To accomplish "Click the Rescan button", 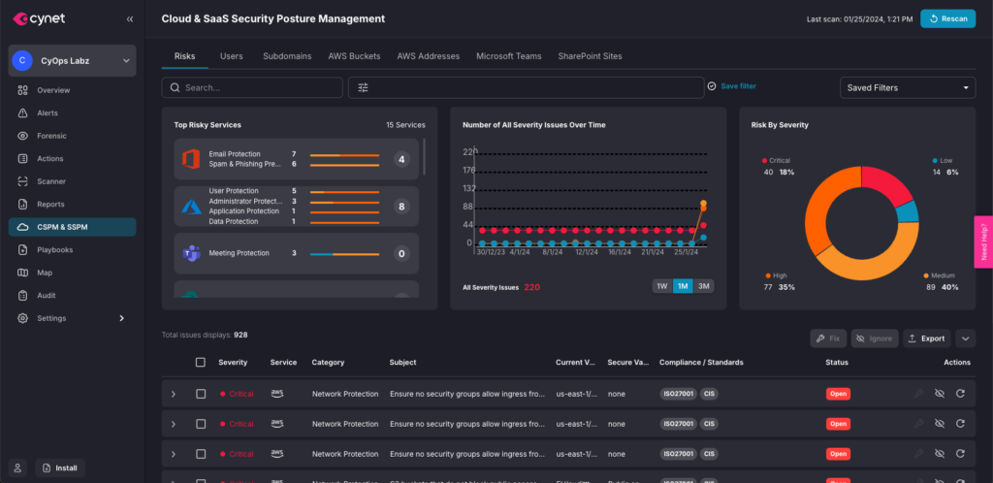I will [947, 18].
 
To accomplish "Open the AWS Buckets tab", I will [354, 56].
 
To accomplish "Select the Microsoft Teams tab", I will [508, 56].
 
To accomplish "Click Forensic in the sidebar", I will [51, 136].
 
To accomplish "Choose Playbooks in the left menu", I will [54, 249].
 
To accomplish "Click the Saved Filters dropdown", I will [907, 87].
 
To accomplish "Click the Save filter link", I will [737, 86].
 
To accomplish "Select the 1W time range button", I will [661, 286].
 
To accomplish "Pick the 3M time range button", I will [704, 286].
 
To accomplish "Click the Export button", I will [925, 338].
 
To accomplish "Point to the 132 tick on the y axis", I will [469, 188].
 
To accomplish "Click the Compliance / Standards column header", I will [700, 363].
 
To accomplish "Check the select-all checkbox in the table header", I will [201, 363].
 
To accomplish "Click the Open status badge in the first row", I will [838, 394].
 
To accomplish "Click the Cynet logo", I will [40, 18].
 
